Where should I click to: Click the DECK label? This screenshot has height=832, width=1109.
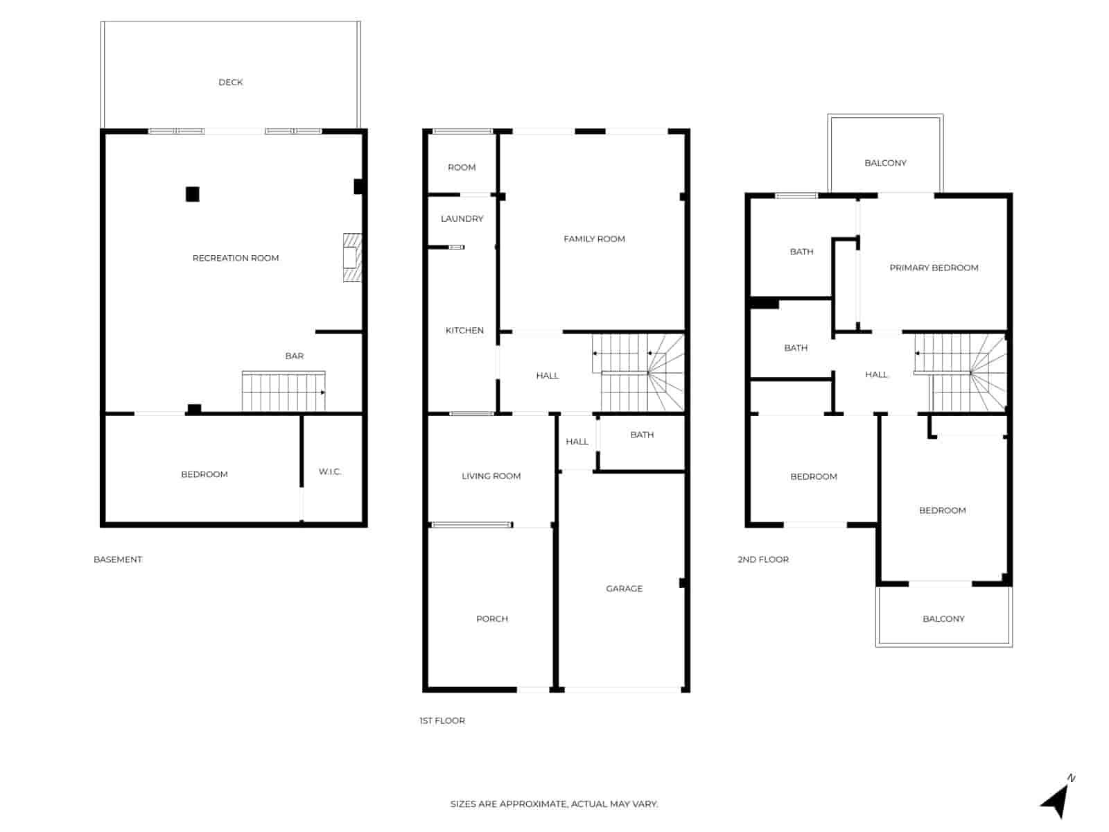pos(230,82)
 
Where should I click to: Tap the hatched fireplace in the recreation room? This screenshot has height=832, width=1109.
pos(352,257)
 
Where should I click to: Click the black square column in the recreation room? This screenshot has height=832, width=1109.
pos(193,194)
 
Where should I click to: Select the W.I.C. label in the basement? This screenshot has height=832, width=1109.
pos(330,471)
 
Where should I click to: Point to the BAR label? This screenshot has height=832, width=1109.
pos(294,356)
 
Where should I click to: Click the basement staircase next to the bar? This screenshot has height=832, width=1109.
pos(283,392)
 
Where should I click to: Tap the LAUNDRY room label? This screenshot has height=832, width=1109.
pos(462,218)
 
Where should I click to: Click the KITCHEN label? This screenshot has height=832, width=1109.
pos(464,330)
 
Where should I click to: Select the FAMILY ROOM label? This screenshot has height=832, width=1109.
pos(594,239)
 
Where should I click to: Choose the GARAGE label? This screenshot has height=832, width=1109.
pos(624,589)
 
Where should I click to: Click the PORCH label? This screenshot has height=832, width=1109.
pos(491,618)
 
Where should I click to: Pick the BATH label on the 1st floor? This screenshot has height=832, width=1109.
pos(642,435)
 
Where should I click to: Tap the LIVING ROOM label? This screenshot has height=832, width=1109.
pos(491,476)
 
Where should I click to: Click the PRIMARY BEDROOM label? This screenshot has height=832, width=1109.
pos(934,268)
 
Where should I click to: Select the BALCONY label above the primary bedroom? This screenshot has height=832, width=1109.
pos(885,163)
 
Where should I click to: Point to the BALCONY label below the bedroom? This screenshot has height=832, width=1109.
pos(943,618)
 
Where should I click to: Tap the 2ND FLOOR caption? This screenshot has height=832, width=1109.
pos(762,560)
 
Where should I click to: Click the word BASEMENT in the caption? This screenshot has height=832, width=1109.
pos(118,560)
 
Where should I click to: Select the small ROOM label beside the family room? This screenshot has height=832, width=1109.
pos(462,167)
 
